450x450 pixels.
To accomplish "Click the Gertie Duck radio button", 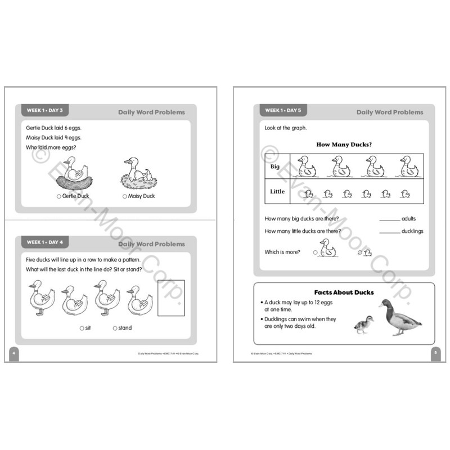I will click(59, 196).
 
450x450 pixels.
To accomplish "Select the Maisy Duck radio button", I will click(124, 196).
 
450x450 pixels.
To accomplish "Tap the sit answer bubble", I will click(82, 328).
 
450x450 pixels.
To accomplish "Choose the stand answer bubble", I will click(115, 328).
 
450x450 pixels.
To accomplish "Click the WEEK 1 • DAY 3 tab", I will click(45, 111).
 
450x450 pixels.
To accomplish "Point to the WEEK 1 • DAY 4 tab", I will click(45, 242).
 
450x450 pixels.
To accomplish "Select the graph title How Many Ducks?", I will click(344, 145).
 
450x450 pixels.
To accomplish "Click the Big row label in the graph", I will click(275, 167).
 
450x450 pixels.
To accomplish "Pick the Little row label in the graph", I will click(277, 192).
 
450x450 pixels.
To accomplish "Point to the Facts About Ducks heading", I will click(344, 292).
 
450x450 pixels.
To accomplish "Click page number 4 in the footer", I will click(12, 353).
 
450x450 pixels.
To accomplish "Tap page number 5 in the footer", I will click(435, 353).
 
